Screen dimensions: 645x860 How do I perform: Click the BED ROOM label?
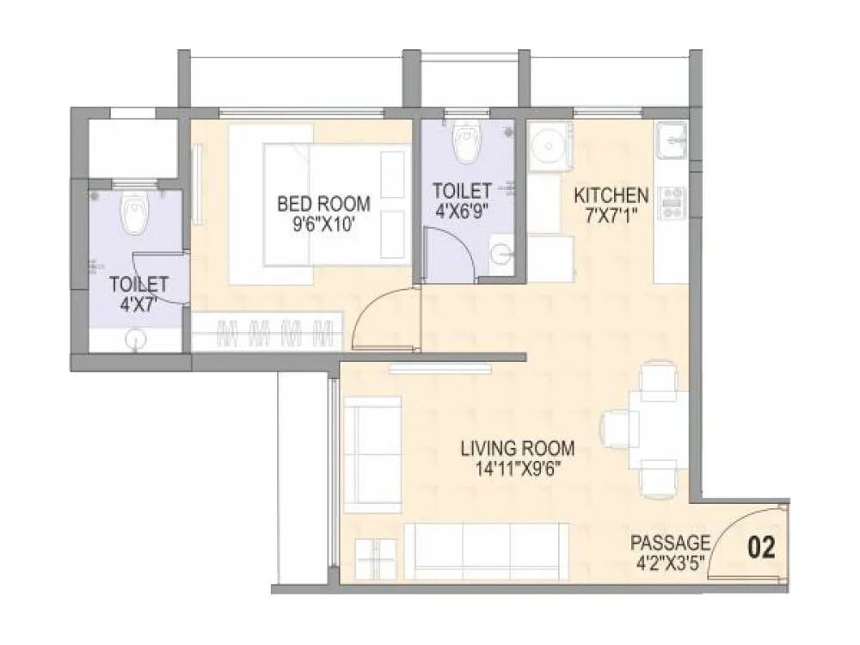coord(324,204)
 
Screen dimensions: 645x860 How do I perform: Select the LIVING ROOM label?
coord(517,447)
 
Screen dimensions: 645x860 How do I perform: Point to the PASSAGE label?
coord(671,543)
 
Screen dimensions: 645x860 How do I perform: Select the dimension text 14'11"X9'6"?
coord(517,469)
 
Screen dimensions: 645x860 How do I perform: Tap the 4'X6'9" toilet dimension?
coord(463,210)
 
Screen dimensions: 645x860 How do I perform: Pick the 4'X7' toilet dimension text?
coord(137,303)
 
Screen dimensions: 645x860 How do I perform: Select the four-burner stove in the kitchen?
coord(671,203)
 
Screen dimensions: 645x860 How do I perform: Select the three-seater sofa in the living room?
coord(486,550)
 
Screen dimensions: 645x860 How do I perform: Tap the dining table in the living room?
coord(658,429)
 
